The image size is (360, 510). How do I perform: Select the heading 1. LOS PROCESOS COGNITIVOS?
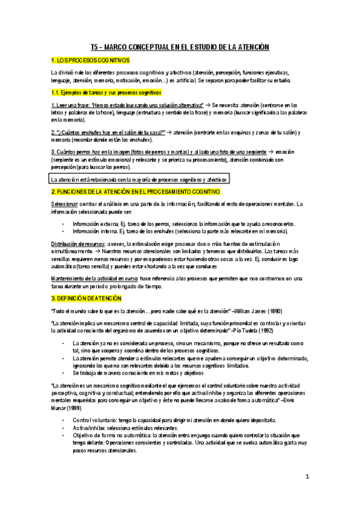90,61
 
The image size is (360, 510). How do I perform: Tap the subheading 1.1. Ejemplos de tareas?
106,92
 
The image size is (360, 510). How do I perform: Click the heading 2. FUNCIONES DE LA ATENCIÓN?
135,191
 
